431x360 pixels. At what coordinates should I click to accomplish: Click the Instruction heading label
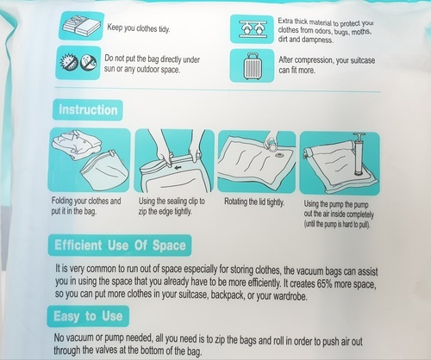tap(88, 110)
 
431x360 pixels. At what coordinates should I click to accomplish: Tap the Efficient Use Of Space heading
tap(120, 245)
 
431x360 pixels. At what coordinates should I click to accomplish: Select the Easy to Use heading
tap(88, 316)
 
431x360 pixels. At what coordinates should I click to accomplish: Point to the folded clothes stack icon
tap(81, 26)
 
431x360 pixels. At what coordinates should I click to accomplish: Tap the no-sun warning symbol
tap(69, 62)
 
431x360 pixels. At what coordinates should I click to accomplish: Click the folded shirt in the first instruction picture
tap(77, 145)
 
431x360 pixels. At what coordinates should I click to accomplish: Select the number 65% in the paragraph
tap(325, 283)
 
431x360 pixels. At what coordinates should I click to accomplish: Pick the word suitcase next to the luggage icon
tap(363, 60)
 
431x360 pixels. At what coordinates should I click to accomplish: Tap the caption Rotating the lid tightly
tap(254, 202)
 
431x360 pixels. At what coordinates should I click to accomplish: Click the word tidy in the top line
tap(164, 29)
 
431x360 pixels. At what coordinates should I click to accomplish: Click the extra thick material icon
tap(252, 29)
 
